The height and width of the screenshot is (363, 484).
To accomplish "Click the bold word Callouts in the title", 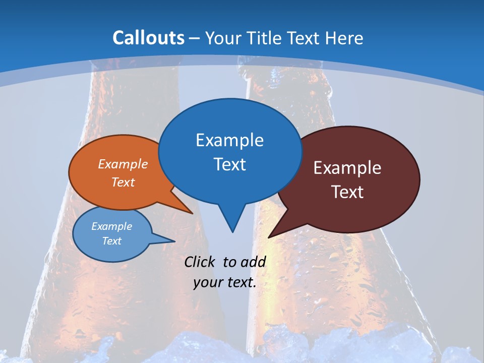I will tap(148, 38).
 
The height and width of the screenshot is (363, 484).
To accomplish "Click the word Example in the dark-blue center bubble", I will tap(229, 140).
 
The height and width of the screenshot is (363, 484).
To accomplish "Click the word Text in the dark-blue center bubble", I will tap(229, 164).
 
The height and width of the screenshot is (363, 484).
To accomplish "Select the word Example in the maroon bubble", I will tap(347, 168).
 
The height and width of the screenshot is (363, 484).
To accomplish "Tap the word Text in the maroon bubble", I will tap(347, 192).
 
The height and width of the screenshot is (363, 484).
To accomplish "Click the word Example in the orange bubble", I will tap(123, 164).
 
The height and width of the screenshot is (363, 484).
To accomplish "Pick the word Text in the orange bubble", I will tap(123, 182).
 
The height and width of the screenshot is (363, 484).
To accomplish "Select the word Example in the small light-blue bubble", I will tap(111, 226).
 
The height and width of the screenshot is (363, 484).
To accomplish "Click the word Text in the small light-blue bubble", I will tap(111, 241).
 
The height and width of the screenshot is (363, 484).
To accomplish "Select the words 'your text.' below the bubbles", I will tap(224, 282).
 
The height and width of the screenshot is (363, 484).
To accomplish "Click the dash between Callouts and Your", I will tap(195, 38).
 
